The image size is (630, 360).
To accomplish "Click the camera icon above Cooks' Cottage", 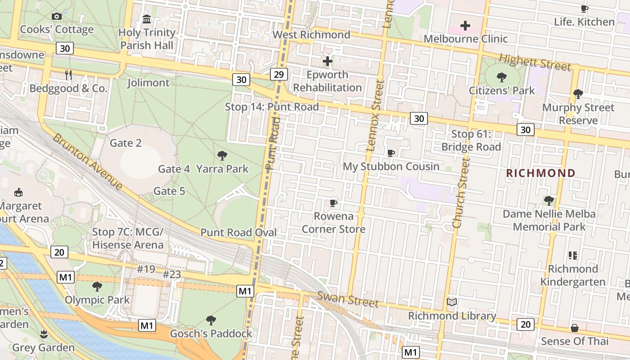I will coord(57,17).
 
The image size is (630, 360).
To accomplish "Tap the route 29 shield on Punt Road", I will coord(279,74).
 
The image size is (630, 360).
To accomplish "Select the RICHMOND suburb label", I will coord(541,173).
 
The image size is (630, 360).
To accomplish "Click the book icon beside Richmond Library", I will coord(452,302).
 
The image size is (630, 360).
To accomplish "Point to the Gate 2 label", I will coord(126,143).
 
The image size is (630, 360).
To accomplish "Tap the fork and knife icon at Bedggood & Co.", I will coord(68,75).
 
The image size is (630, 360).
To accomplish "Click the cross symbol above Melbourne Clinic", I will coord(465,26).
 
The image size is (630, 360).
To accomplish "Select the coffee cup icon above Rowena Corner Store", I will coord(333,203).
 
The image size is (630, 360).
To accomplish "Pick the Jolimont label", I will coord(148,83).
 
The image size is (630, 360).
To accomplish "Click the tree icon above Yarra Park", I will coord(222,156).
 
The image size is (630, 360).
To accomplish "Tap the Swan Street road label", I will coord(348,299).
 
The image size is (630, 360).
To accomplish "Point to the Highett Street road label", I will coord(535,62).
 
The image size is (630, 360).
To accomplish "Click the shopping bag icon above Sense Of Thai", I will coord(575,328).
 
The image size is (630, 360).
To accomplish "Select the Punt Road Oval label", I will coord(238,232).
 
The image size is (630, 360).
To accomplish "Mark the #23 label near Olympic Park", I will coord(172,274).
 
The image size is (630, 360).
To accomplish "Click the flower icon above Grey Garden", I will coord(44,334).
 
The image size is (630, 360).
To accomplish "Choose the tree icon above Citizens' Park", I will coord(502,77).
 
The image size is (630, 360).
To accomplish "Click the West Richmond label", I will coord(311,35).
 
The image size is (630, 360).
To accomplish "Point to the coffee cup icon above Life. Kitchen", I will coord(584,9).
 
